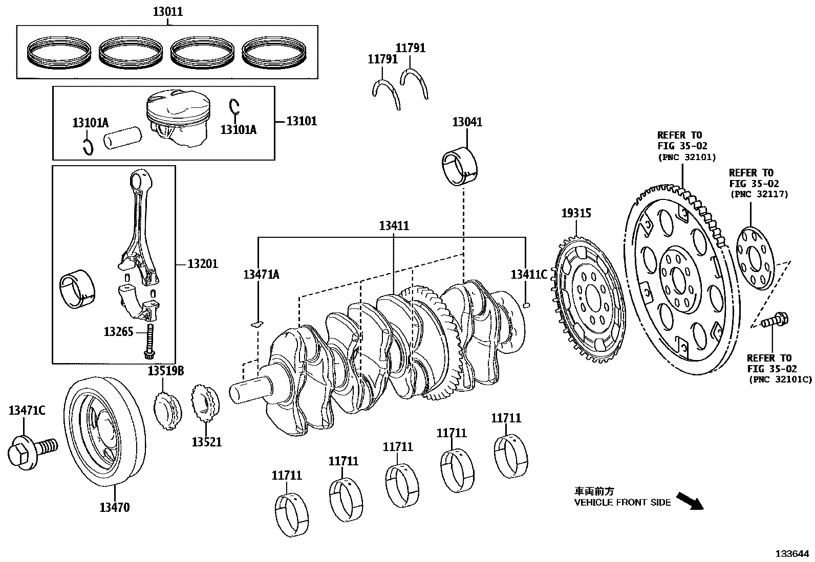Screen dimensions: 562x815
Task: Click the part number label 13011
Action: [167, 12]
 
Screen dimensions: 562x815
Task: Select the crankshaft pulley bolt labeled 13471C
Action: [29, 450]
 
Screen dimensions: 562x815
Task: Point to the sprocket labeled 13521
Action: [204, 404]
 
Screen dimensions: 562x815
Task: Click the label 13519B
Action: [166, 371]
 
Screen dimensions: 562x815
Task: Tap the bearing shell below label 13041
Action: [459, 166]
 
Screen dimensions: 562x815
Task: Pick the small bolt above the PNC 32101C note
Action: [775, 321]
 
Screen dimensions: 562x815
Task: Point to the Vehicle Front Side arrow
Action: [689, 501]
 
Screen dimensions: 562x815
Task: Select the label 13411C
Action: [528, 275]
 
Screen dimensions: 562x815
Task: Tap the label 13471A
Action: [261, 275]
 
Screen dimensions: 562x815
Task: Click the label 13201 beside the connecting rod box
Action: [202, 264]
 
